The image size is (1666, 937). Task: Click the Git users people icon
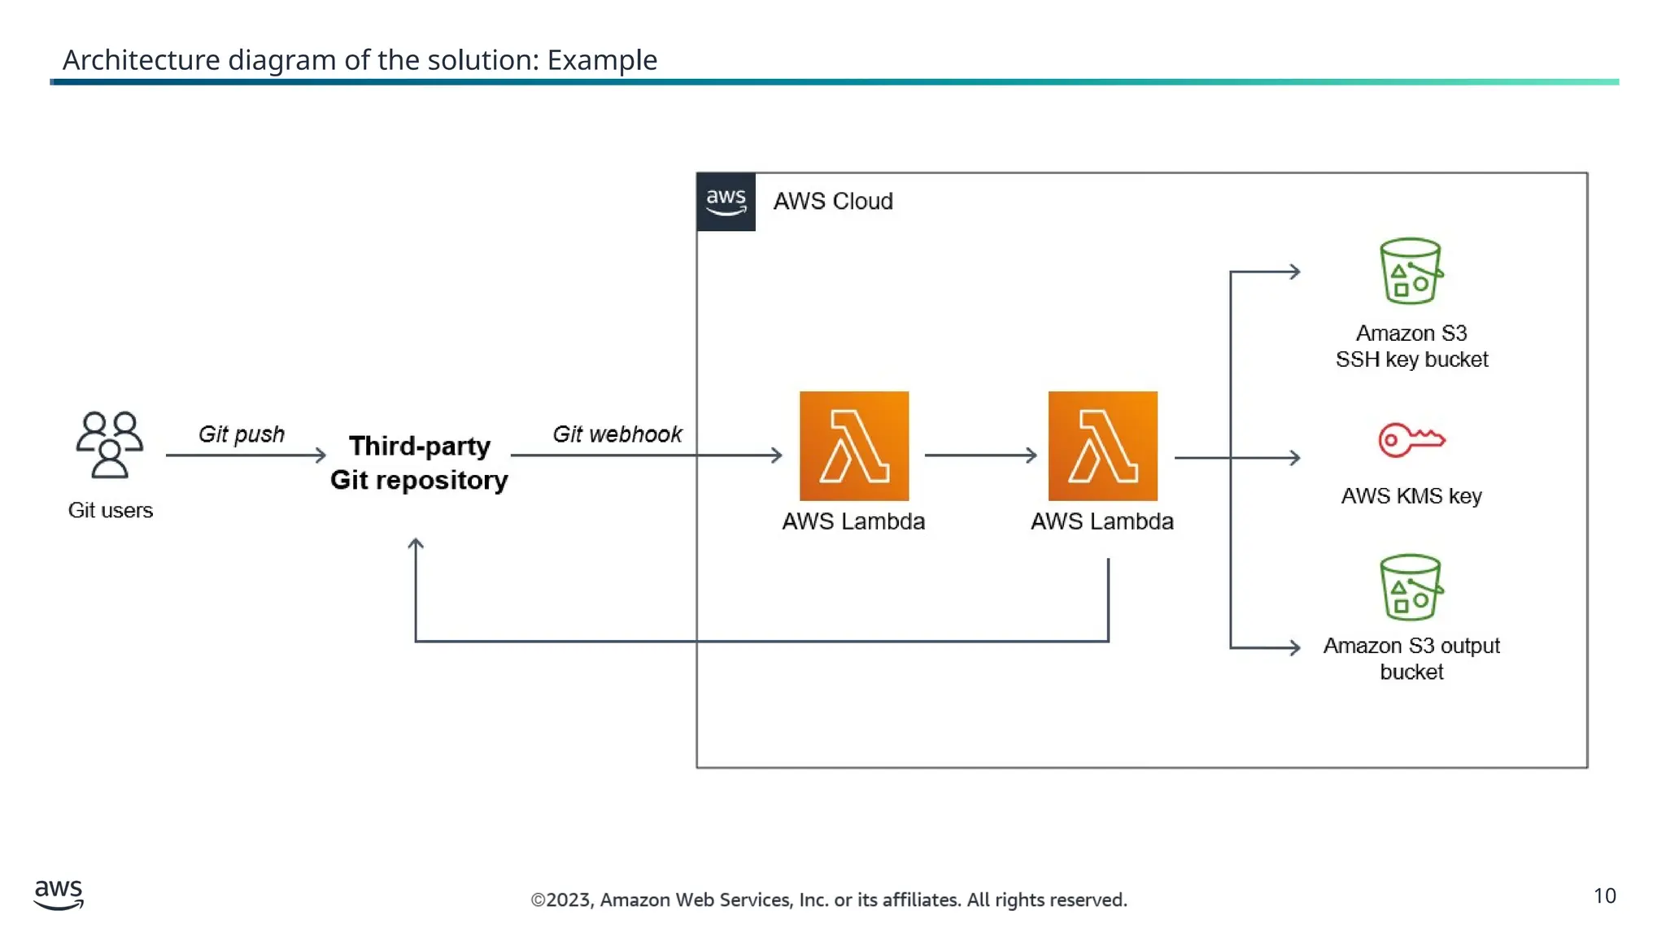(x=110, y=444)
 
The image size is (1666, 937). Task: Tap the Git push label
(x=242, y=434)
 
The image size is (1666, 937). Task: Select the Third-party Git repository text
(x=419, y=463)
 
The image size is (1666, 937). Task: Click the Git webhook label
(x=617, y=434)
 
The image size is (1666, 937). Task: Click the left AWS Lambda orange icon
(x=853, y=446)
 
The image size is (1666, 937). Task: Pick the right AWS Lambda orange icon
(x=1102, y=446)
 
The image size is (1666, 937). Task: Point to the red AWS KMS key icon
(x=1411, y=440)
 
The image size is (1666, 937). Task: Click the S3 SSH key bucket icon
(x=1411, y=271)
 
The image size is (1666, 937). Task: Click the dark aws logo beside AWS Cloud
(x=726, y=202)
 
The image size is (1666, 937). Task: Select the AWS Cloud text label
(x=832, y=201)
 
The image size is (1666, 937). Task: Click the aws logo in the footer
(x=59, y=894)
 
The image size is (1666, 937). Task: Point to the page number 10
(x=1604, y=896)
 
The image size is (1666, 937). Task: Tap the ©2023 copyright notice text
(x=828, y=900)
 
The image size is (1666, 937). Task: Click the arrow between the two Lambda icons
(x=980, y=455)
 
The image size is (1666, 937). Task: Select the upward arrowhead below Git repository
(x=416, y=544)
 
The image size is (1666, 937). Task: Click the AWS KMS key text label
(x=1411, y=495)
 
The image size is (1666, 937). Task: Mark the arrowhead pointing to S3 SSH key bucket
(x=1294, y=272)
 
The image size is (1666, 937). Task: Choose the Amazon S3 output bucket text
(x=1411, y=658)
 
